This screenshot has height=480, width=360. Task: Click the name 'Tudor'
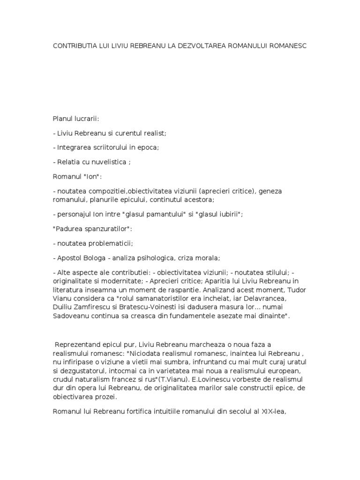tap(296, 290)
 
